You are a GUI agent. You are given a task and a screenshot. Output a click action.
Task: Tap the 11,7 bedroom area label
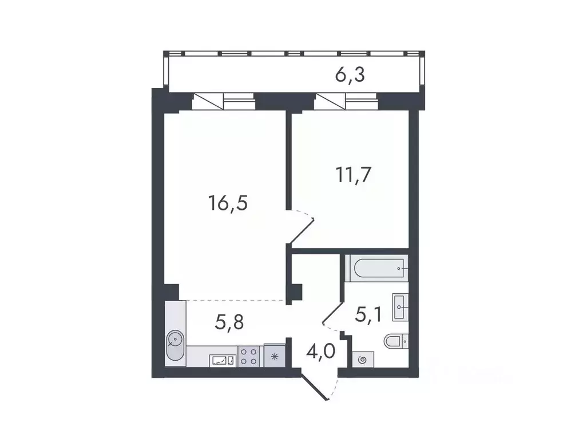pyautogui.click(x=354, y=174)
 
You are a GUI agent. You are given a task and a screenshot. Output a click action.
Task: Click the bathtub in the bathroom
pyautogui.click(x=375, y=268)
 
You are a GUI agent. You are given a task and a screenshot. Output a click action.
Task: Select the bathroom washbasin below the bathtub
pyautogui.click(x=399, y=307)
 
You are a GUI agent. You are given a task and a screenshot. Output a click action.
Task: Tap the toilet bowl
pyautogui.click(x=393, y=341)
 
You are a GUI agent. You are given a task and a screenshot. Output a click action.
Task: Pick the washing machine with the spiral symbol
pyautogui.click(x=362, y=360)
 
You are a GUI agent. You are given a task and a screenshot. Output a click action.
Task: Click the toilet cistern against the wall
pyautogui.click(x=406, y=341)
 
